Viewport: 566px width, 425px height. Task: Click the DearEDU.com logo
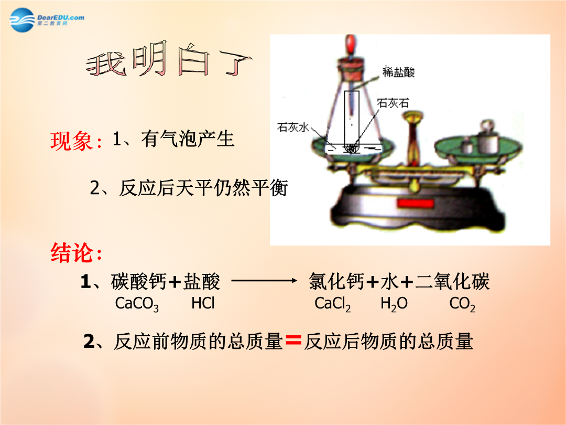pos(47,19)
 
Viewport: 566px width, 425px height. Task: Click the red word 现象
pos(71,141)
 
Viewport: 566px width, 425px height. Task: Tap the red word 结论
pos(71,252)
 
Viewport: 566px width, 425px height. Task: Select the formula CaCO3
pos(137,304)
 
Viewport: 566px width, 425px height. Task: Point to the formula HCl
pos(203,303)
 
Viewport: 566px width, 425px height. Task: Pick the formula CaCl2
pos(332,304)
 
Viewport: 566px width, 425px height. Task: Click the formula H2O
pos(394,304)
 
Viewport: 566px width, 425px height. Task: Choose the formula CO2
pos(462,304)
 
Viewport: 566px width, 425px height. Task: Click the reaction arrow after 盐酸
pos(264,280)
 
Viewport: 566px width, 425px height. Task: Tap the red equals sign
pos(293,341)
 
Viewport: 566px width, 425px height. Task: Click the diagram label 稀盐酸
pos(398,72)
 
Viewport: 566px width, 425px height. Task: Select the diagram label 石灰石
pos(393,103)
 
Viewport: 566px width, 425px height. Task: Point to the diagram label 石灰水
pos(293,127)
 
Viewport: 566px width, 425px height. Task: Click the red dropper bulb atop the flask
pos(350,45)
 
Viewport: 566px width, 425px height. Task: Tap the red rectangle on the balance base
pos(415,203)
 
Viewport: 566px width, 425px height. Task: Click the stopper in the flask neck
pos(350,70)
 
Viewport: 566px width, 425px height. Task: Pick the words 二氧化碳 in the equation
pos(452,282)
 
